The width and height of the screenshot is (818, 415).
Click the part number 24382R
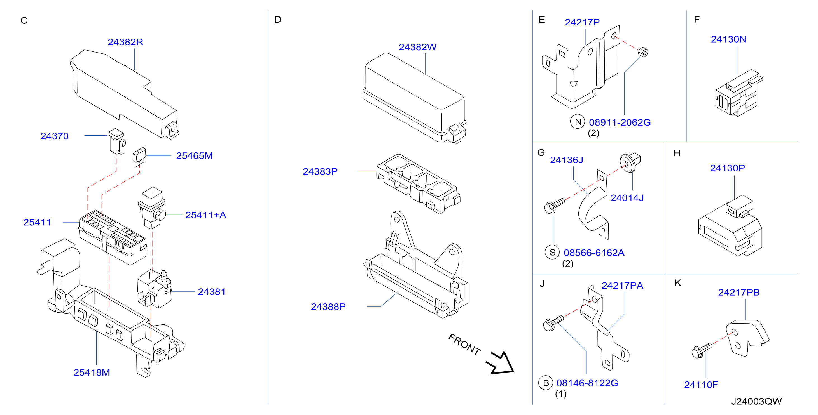coord(125,42)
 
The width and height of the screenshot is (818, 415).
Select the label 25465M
coord(194,156)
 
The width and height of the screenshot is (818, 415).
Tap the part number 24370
coord(55,136)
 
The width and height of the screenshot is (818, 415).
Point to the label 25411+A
coord(206,215)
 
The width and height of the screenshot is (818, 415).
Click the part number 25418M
coord(92,372)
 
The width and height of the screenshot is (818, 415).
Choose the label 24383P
coord(320,172)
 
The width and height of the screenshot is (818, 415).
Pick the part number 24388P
coord(328,307)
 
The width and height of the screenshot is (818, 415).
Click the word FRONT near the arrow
coord(464,344)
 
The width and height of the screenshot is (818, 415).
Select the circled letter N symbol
coord(578,122)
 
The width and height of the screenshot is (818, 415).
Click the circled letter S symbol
coord(553,252)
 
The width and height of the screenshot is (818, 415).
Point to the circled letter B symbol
coord(546,383)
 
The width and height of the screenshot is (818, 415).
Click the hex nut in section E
coord(643,52)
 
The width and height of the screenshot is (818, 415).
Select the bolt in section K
coord(702,351)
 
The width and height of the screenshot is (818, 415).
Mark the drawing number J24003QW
coord(756,402)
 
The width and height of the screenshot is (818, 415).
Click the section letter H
coord(677,153)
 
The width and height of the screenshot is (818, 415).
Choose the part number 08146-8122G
coord(587,383)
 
